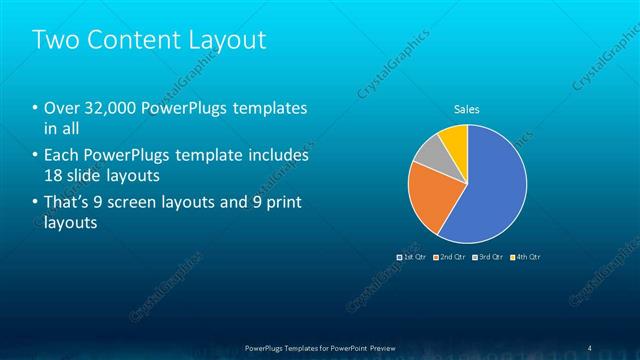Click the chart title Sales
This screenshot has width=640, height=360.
click(467, 109)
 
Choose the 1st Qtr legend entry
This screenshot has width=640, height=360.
click(412, 257)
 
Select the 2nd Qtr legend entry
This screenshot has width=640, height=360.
click(450, 257)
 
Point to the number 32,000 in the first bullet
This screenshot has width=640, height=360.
click(111, 108)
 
